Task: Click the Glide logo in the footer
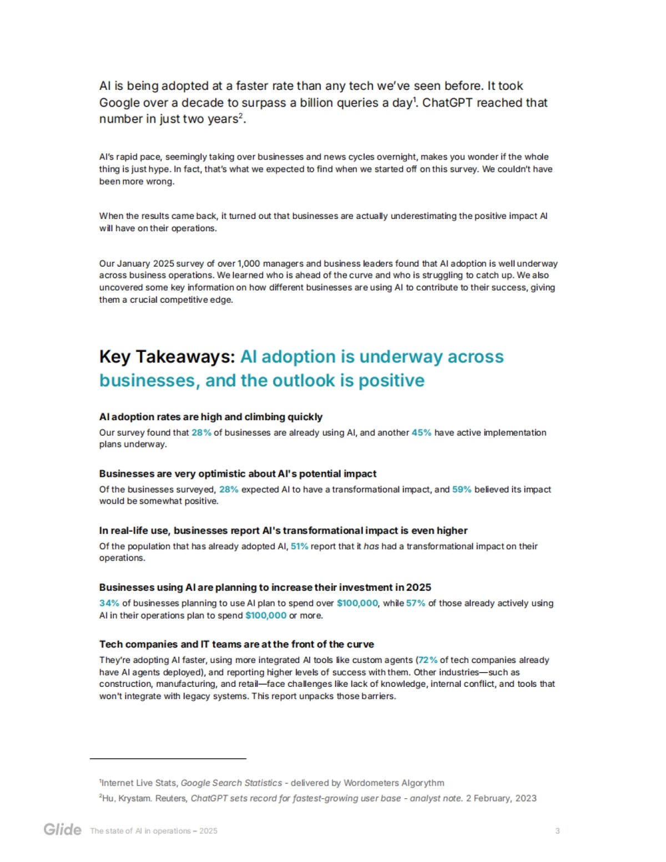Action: coord(62,830)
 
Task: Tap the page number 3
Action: coord(557,830)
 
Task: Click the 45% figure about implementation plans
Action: coord(421,432)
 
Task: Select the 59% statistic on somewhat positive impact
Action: coord(462,489)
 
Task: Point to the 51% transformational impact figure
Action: coord(299,546)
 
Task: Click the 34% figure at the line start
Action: coord(109,603)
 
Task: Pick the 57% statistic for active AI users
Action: coord(416,603)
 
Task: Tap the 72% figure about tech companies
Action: coord(428,660)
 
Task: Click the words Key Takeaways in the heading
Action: coord(167,356)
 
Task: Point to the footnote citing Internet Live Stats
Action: coord(272,783)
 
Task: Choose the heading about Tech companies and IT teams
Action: coord(236,644)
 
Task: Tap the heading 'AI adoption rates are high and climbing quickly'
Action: coord(211,417)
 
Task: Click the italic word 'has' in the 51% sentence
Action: coord(371,546)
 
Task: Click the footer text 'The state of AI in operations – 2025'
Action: coord(154,830)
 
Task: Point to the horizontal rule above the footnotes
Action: coord(168,758)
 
